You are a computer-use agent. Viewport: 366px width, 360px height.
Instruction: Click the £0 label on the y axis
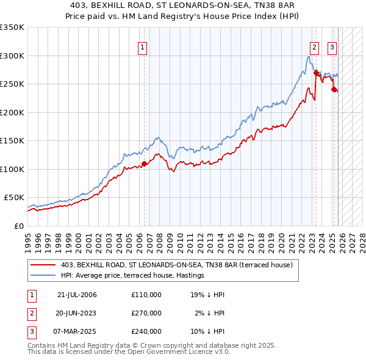point(18,226)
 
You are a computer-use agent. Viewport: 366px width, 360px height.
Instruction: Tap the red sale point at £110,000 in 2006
point(145,164)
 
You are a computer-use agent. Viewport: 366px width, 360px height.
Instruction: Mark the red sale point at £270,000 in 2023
point(317,73)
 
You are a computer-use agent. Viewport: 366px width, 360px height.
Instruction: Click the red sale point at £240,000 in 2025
point(334,90)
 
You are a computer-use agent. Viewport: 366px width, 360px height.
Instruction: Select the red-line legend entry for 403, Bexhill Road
point(177,265)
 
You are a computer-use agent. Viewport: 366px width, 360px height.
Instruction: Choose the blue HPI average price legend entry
point(132,275)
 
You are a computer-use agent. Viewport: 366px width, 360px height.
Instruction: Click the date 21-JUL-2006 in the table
point(77,295)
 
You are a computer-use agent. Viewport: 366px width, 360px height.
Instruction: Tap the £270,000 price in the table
point(146,313)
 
